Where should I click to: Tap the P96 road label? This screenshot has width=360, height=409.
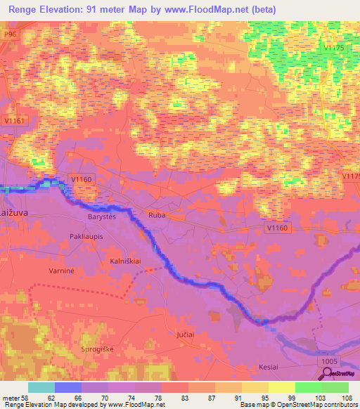tap(9, 33)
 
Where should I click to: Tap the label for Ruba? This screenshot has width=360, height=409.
tap(156, 216)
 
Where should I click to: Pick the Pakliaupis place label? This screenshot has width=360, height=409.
tap(87, 237)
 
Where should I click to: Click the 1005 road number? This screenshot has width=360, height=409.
tap(328, 361)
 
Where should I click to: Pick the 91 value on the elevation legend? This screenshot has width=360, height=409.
tap(238, 397)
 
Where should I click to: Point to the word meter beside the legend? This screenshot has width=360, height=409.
tap(10, 397)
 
